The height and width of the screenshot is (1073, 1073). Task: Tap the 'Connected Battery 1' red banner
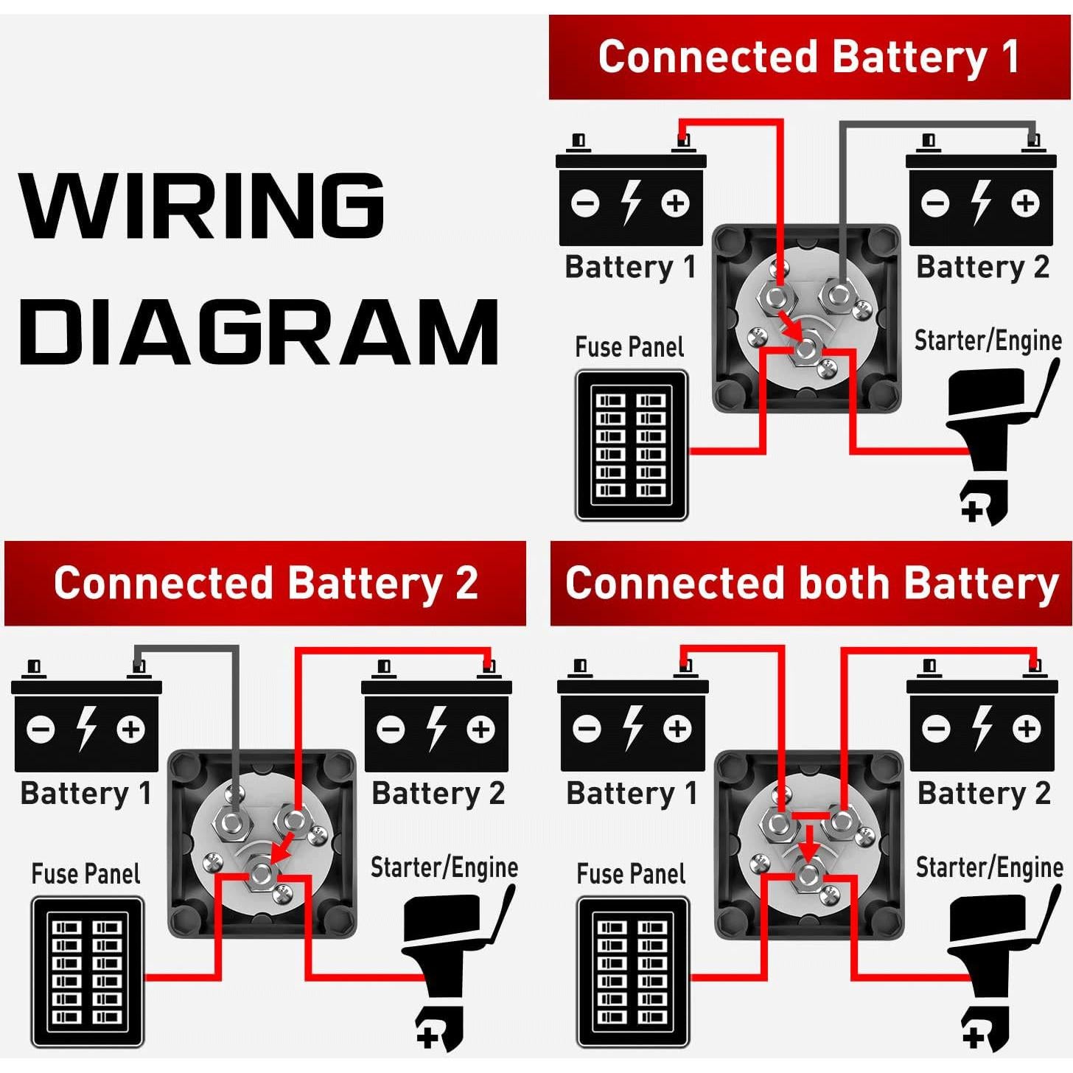(809, 57)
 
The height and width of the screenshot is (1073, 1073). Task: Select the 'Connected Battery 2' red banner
(265, 583)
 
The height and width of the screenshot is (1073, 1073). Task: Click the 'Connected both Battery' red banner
(811, 583)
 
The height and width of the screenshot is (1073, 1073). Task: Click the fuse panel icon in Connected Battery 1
(632, 445)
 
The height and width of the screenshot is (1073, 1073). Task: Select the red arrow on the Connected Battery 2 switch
(282, 849)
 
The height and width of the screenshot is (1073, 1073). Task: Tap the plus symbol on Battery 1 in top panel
(675, 203)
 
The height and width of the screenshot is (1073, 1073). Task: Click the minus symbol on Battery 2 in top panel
(935, 203)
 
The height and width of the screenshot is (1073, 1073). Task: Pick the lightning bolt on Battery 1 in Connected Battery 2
(87, 729)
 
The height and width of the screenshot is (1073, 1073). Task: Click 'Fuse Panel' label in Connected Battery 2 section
(85, 874)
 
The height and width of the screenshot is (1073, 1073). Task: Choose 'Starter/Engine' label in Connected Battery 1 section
(988, 341)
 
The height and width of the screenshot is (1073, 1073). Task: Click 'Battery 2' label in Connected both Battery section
(984, 794)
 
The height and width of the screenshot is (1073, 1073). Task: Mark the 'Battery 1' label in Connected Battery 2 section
(86, 794)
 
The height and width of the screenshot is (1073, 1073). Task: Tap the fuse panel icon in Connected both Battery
(633, 972)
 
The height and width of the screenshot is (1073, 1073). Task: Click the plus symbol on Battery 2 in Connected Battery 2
(480, 730)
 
